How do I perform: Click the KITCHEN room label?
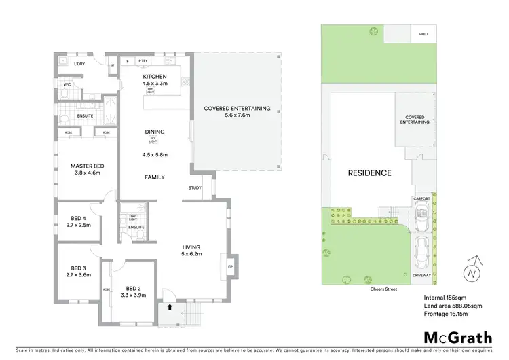pyautogui.click(x=154, y=76)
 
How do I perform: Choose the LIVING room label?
pyautogui.click(x=192, y=247)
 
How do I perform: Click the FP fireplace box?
pyautogui.click(x=229, y=266)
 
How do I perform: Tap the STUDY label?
pyautogui.click(x=195, y=188)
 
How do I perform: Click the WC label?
pyautogui.click(x=67, y=85)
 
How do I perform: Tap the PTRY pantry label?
pyautogui.click(x=143, y=61)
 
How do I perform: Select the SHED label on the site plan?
pyautogui.click(x=423, y=33)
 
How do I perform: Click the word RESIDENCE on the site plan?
pyautogui.click(x=369, y=173)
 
